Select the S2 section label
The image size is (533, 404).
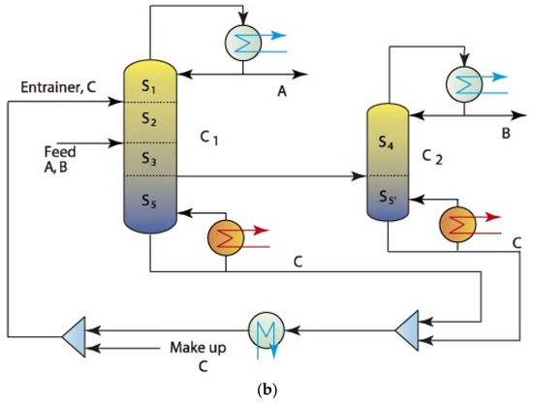click(148, 119)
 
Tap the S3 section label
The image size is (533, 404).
click(148, 158)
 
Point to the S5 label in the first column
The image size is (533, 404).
click(148, 202)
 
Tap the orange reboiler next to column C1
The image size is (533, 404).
click(226, 235)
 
